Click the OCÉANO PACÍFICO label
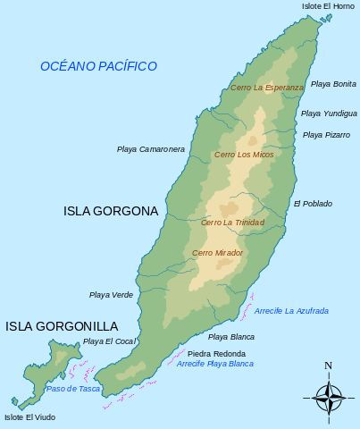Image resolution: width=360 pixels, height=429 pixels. pyautogui.click(x=98, y=66)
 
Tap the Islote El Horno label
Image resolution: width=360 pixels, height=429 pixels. pyautogui.click(x=328, y=6)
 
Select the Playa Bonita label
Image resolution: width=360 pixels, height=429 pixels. pyautogui.click(x=333, y=84)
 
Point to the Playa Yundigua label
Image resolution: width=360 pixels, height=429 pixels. pyautogui.click(x=329, y=114)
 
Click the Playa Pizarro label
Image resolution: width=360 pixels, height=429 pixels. pyautogui.click(x=326, y=135)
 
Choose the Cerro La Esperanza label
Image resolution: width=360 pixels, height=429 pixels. pyautogui.click(x=266, y=88)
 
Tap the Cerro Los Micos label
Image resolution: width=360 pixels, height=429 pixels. pyautogui.click(x=244, y=156)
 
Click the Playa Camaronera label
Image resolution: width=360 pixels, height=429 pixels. pyautogui.click(x=151, y=149)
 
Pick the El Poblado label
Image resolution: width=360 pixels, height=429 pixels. pyautogui.click(x=313, y=204)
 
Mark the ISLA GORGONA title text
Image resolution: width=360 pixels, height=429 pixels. pyautogui.click(x=111, y=212)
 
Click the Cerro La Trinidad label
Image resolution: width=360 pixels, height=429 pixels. pyautogui.click(x=232, y=223)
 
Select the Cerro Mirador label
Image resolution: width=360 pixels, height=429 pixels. pyautogui.click(x=217, y=253)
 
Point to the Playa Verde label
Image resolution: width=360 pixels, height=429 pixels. pyautogui.click(x=111, y=295)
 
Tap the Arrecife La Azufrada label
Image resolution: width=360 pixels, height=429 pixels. pyautogui.click(x=291, y=311)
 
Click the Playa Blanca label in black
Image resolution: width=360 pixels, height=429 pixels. pyautogui.click(x=231, y=337)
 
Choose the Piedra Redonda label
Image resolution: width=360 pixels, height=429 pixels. pyautogui.click(x=216, y=354)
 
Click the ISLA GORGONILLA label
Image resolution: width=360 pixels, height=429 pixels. pyautogui.click(x=62, y=326)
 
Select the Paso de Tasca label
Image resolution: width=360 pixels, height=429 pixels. pyautogui.click(x=73, y=389)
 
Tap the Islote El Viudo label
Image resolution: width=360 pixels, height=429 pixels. pyautogui.click(x=29, y=417)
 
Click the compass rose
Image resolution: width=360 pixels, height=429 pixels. pyautogui.click(x=329, y=394)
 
